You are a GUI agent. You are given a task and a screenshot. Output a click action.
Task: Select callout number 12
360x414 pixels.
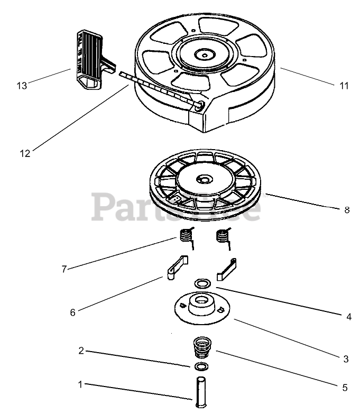pos(25,153)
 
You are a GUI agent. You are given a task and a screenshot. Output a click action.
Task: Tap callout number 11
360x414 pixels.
pos(344,86)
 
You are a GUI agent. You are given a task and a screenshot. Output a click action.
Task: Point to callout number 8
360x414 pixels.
pos(347,210)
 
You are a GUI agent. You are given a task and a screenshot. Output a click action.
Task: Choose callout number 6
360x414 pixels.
pos(72,312)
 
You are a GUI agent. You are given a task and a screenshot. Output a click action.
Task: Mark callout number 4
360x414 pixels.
pos(348,317)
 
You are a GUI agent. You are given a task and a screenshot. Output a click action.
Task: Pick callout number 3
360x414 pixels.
pos(346,359)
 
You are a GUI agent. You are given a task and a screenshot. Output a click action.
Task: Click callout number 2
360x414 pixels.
pos(81,351)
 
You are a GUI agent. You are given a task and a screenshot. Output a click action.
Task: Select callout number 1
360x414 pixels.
pos(81,385)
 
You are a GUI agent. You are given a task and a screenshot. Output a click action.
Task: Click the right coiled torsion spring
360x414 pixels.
pos(224,235)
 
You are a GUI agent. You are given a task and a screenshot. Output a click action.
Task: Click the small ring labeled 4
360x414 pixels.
pos(201,284)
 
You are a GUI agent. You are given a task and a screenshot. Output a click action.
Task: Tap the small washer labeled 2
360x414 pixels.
pos(200,366)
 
